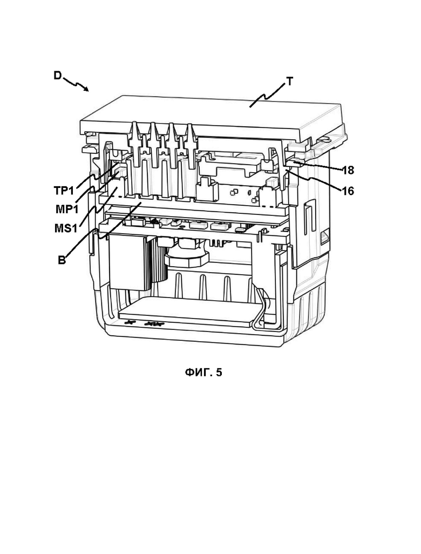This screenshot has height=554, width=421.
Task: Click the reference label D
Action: [58, 76]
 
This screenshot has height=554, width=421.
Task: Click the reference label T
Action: [290, 82]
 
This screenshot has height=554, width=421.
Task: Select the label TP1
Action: [64, 191]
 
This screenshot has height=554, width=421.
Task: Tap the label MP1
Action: [67, 209]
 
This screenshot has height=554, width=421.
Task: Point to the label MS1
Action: [66, 228]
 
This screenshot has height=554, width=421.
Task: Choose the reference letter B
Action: [62, 261]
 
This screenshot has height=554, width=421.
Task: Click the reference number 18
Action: [348, 170]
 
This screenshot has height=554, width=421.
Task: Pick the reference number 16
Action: [348, 191]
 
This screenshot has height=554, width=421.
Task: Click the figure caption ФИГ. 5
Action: [203, 372]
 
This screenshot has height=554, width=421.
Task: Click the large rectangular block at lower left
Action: [128, 261]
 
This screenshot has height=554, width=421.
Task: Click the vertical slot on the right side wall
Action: [308, 215]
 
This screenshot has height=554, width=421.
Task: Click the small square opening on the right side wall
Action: [324, 234]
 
